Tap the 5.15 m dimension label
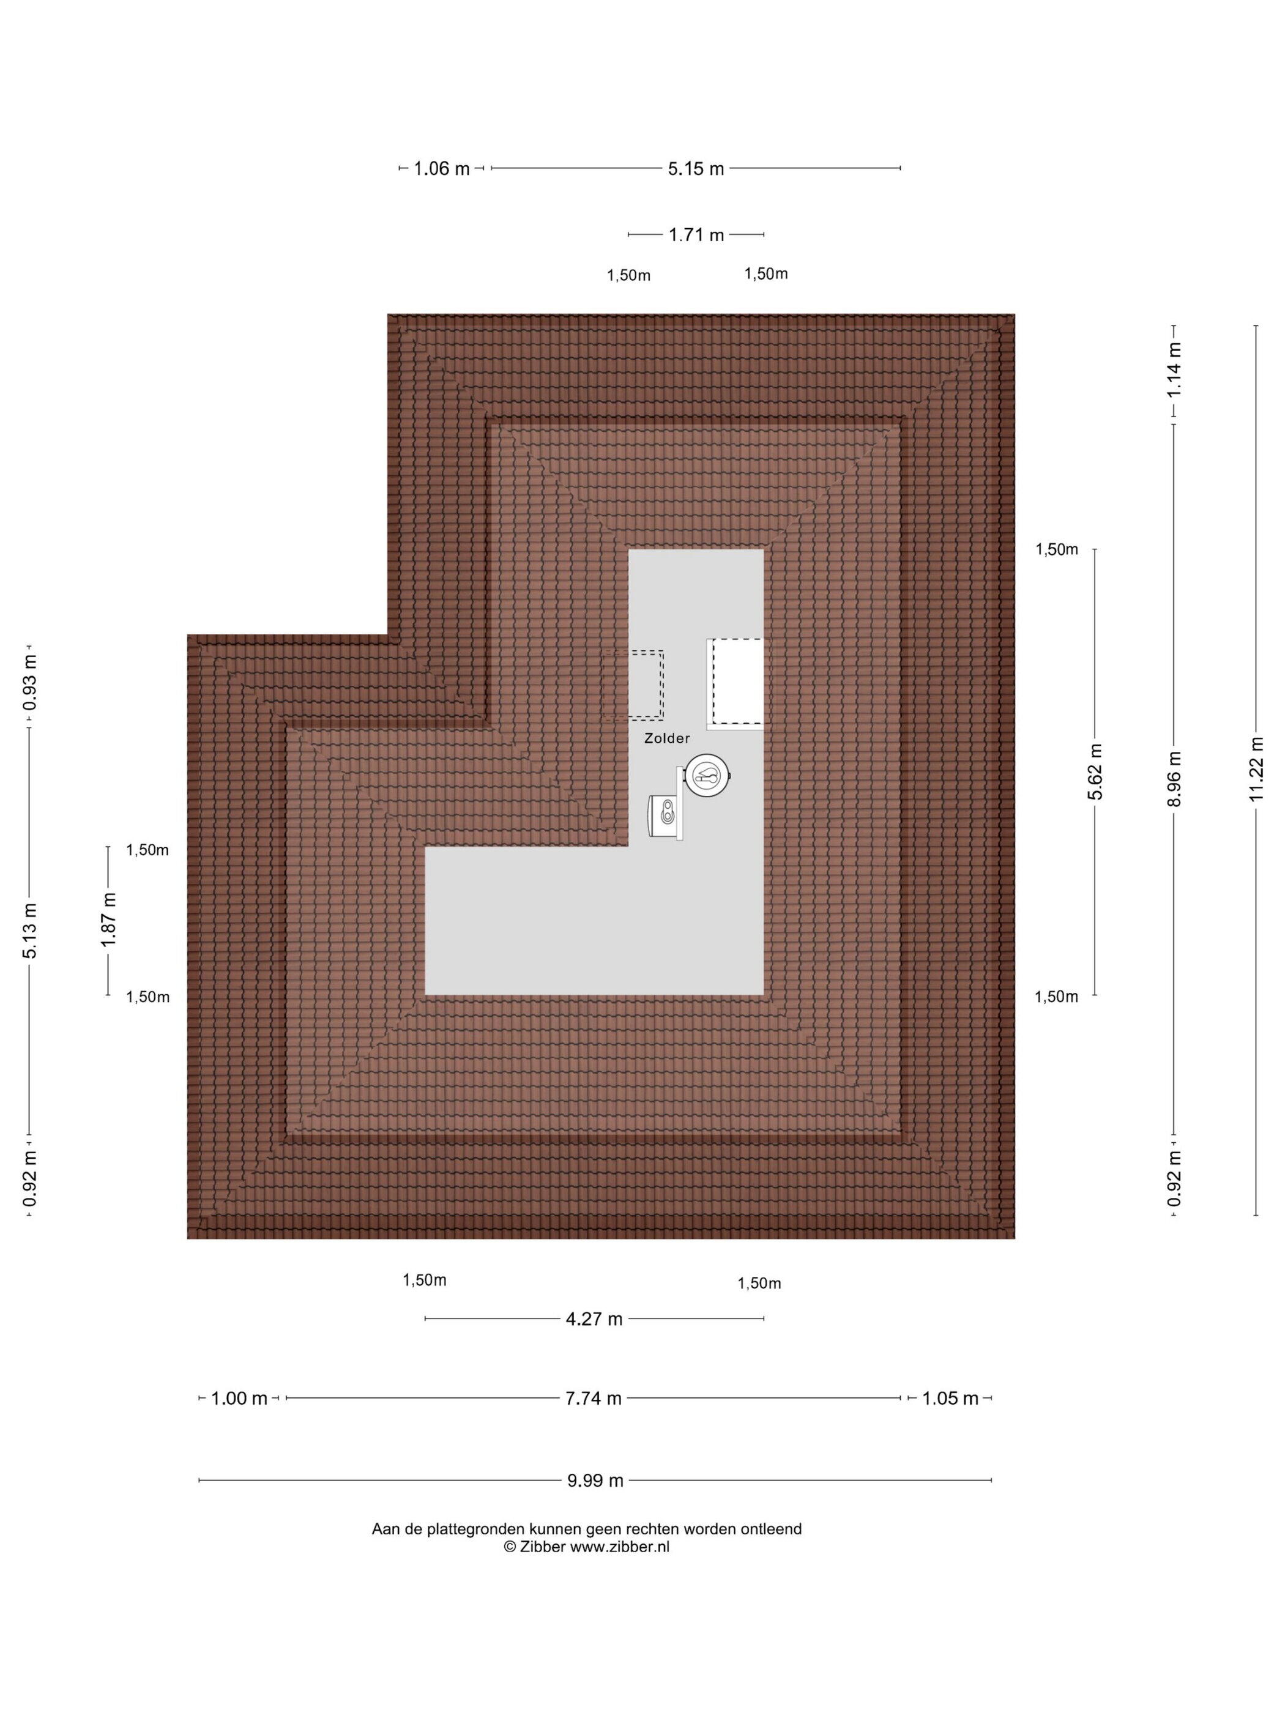point(696,168)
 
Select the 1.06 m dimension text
point(442,168)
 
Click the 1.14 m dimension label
point(1174,370)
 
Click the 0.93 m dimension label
point(29,683)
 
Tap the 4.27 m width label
point(594,1319)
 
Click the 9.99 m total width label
point(595,1481)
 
